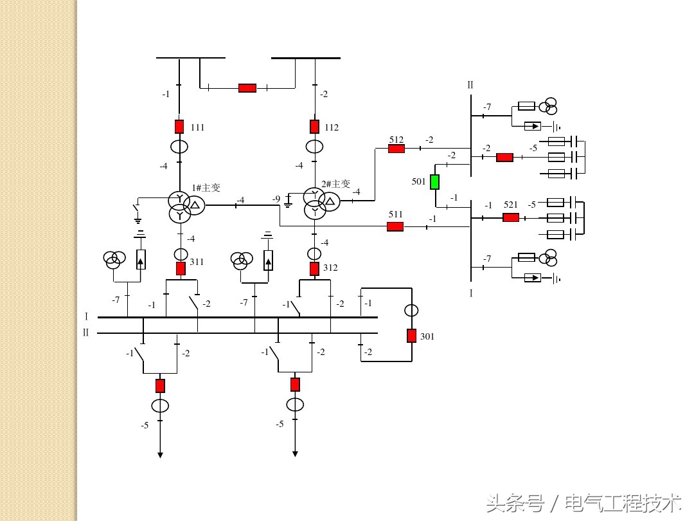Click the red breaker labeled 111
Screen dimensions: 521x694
pyautogui.click(x=179, y=127)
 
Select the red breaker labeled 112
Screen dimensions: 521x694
pyautogui.click(x=314, y=127)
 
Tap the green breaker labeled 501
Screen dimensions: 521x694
pyautogui.click(x=434, y=182)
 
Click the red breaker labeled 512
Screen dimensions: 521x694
pyautogui.click(x=396, y=149)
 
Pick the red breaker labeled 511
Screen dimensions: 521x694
pyautogui.click(x=395, y=226)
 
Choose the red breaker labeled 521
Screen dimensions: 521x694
pyautogui.click(x=511, y=217)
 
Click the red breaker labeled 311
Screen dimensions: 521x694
pyautogui.click(x=181, y=268)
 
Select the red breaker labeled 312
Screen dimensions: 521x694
pyautogui.click(x=314, y=268)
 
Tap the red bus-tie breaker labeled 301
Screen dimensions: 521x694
pyautogui.click(x=411, y=336)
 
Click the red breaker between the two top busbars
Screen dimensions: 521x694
pyautogui.click(x=247, y=88)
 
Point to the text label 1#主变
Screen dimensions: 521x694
pyautogui.click(x=206, y=188)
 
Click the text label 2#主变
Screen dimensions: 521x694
pyautogui.click(x=335, y=184)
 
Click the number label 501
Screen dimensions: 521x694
pyautogui.click(x=418, y=182)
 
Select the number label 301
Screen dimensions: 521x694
pyautogui.click(x=427, y=336)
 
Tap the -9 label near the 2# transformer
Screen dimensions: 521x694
pyautogui.click(x=276, y=199)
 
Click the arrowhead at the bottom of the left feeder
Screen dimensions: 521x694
pyautogui.click(x=160, y=455)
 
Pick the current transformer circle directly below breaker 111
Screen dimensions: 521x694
pyautogui.click(x=179, y=147)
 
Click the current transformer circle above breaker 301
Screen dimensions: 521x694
pyautogui.click(x=411, y=311)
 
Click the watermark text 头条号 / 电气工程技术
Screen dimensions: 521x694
pyautogui.click(x=583, y=502)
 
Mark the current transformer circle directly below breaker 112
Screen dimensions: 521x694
pyautogui.click(x=314, y=147)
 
